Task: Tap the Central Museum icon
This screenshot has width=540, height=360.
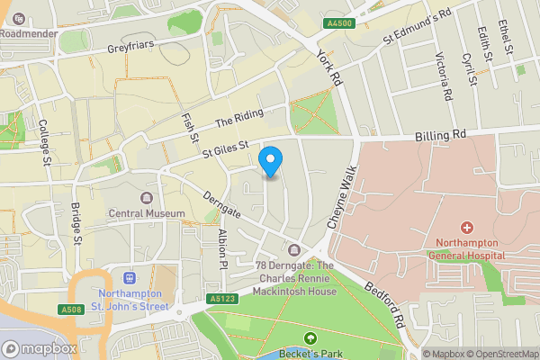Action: click(147, 198)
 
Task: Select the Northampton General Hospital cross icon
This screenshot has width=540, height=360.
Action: click(466, 229)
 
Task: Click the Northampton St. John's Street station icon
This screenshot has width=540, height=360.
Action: click(129, 278)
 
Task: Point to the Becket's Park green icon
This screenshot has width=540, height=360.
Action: click(310, 338)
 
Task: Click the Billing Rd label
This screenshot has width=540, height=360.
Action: click(441, 135)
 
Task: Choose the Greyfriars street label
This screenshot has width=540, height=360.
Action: click(132, 48)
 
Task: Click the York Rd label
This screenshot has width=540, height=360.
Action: click(329, 67)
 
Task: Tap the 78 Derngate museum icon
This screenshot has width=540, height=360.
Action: click(294, 249)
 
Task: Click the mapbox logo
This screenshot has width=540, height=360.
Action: click(38, 348)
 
